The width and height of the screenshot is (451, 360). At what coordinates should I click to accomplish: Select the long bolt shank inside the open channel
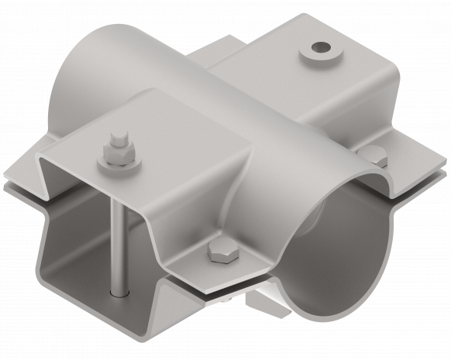[x=115, y=232]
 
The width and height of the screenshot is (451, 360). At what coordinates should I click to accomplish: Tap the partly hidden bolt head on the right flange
[x=376, y=154]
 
